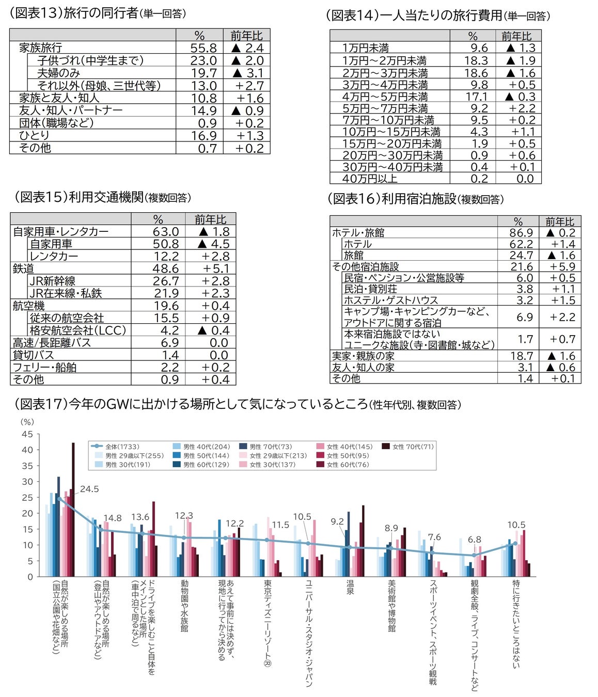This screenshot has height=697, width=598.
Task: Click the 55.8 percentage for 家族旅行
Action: pyautogui.click(x=203, y=48)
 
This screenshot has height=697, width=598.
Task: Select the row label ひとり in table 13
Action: pyautogui.click(x=34, y=135)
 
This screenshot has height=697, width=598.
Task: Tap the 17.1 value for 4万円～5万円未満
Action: pyautogui.click(x=476, y=97)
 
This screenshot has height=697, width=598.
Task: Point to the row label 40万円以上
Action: pyautogui.click(x=370, y=179)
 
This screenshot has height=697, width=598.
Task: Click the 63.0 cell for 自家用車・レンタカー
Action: pyautogui.click(x=165, y=232)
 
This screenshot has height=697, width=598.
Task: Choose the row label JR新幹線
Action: pyautogui.click(x=52, y=281)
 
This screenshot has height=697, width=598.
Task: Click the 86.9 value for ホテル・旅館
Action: pyautogui.click(x=521, y=233)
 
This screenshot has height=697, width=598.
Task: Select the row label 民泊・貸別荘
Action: pyautogui.click(x=370, y=289)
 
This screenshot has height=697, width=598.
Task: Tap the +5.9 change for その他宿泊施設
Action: pyautogui.click(x=562, y=266)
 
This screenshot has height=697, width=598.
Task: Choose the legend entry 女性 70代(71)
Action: pyautogui.click(x=413, y=447)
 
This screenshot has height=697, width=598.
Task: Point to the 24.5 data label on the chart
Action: pyautogui.click(x=89, y=489)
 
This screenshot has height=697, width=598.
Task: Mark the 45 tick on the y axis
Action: pyautogui.click(x=27, y=434)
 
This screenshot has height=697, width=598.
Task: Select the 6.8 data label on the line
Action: pyautogui.click(x=474, y=540)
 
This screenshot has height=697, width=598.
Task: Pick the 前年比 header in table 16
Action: pyautogui.click(x=559, y=221)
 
